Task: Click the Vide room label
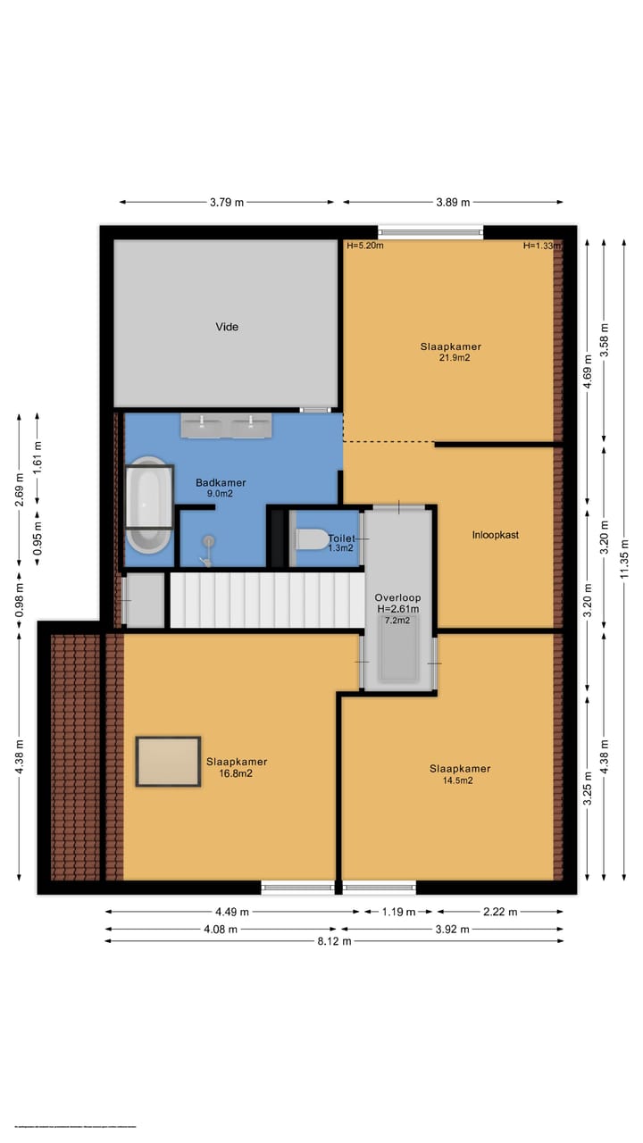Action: pos(227,327)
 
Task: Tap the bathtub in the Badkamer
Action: pos(148,506)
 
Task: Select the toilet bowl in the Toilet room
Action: pos(311,539)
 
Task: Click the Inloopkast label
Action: pos(496,535)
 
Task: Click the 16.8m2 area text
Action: pos(237,774)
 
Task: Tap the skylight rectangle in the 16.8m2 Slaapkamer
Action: pos(168,762)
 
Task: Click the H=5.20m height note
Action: pos(365,246)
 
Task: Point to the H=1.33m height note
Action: pos(542,246)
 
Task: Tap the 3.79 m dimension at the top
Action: pos(227,203)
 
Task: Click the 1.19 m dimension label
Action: pos(398,913)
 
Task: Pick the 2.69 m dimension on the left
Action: pos(19,490)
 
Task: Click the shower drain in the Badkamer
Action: pos(209,540)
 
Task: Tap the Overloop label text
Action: pos(397,597)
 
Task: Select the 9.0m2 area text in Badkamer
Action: pos(221,494)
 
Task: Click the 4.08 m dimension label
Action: pos(221,929)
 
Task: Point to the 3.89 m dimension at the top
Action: pos(453,203)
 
